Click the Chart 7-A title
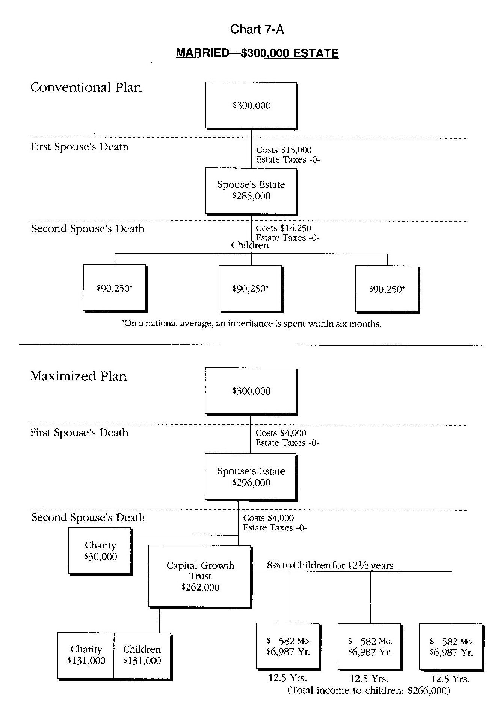(x=257, y=29)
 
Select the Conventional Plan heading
(x=86, y=87)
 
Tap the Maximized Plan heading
(x=78, y=376)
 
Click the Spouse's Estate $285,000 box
(x=251, y=191)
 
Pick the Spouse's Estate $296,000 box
(x=251, y=477)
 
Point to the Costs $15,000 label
(x=284, y=150)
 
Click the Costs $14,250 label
(x=284, y=228)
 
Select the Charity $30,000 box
(x=100, y=551)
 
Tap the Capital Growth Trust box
(x=200, y=576)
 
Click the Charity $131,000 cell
(x=86, y=655)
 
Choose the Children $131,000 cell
(x=142, y=655)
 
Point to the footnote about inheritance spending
(x=251, y=324)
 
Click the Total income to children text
(x=369, y=690)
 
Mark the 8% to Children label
(x=330, y=565)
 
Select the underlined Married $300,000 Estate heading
(x=257, y=53)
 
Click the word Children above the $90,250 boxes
(x=250, y=245)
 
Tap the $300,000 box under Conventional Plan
(x=251, y=105)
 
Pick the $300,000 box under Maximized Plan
(x=251, y=391)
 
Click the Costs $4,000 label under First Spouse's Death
(x=281, y=433)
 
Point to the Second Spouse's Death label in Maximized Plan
(x=88, y=518)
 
